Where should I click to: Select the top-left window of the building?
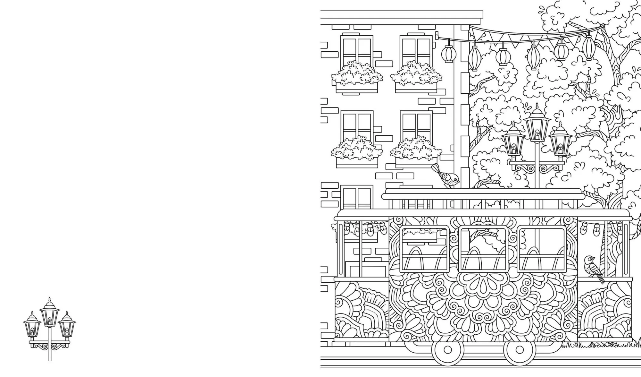(x=357, y=51)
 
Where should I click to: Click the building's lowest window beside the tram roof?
(x=357, y=197)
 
